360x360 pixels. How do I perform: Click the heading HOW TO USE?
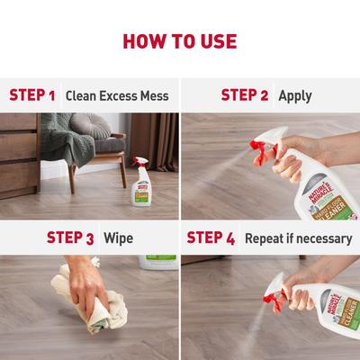[x=180, y=41]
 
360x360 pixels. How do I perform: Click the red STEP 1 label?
[x=32, y=94]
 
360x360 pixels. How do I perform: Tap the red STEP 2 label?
[x=246, y=94]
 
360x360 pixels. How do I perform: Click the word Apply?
[x=295, y=94]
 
